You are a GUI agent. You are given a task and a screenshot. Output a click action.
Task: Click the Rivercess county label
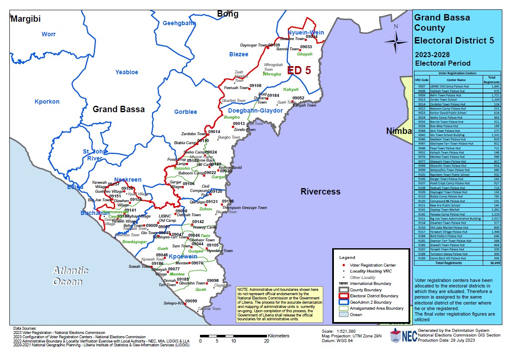tap(320, 192)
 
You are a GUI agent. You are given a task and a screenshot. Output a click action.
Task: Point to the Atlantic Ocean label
tap(70, 276)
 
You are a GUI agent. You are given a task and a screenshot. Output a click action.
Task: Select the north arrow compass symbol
tap(396, 41)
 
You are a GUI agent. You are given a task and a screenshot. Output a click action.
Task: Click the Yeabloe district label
tap(127, 72)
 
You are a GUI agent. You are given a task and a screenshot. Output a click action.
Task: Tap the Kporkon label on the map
tap(47, 102)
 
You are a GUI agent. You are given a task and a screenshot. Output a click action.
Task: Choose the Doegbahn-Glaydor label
tap(253, 110)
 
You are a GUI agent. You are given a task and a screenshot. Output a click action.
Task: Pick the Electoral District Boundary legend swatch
tap(344, 296)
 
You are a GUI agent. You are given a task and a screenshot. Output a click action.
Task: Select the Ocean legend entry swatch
tap(344, 314)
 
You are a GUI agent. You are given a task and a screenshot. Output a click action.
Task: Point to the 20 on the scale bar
tap(267, 341)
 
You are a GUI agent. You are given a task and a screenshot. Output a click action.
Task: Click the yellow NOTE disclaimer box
tap(280, 304)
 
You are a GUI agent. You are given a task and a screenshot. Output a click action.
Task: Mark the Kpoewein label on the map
tap(183, 256)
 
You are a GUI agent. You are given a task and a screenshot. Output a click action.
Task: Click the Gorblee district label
tap(185, 112)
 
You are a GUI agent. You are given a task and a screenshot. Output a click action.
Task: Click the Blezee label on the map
tap(238, 54)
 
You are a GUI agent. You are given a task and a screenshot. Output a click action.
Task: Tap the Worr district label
tap(49, 34)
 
